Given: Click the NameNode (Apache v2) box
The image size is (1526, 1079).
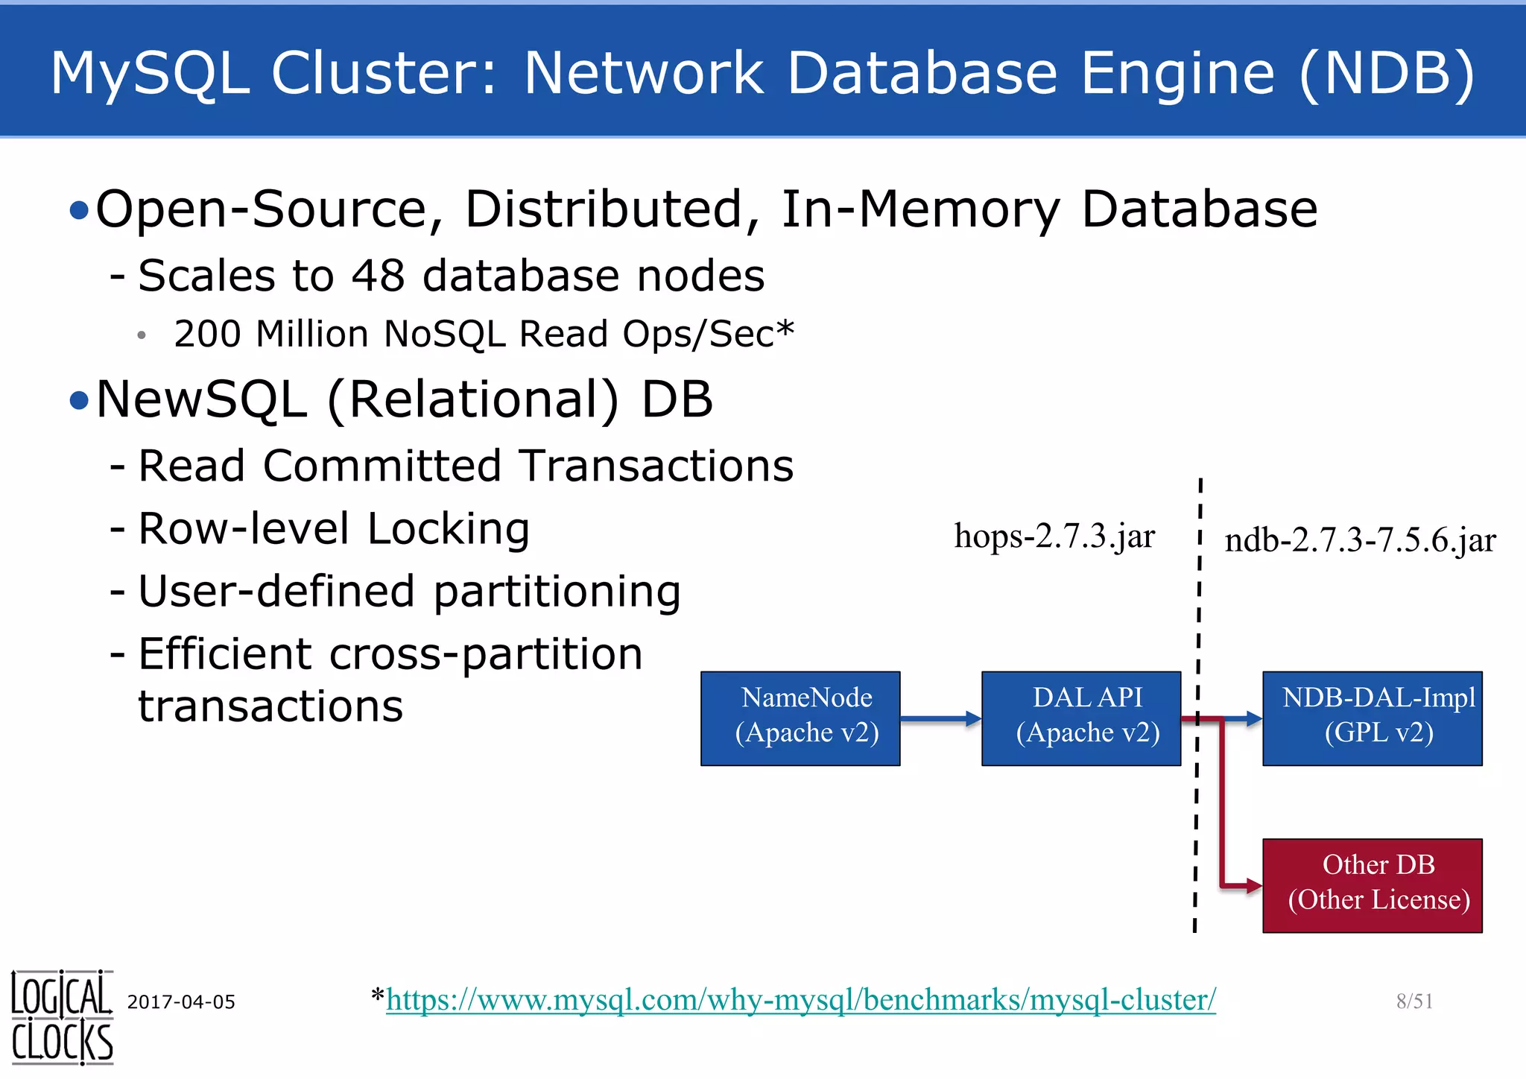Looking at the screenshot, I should (x=800, y=718).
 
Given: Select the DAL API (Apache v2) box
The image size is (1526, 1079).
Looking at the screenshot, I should (x=1081, y=718).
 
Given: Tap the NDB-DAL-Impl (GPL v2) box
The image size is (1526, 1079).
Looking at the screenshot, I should (x=1372, y=718).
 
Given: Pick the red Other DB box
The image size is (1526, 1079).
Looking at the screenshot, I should (x=1372, y=885).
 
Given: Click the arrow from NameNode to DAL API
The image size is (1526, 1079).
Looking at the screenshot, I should (x=940, y=718).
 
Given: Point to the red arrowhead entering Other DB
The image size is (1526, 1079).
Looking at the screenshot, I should (x=1254, y=886).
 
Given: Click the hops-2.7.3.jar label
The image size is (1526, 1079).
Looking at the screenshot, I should (x=1054, y=537).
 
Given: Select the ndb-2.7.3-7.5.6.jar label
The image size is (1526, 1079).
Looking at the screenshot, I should (x=1360, y=540).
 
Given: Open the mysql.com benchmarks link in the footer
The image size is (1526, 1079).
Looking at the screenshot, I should (x=801, y=999).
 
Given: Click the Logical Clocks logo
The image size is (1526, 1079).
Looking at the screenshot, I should (x=62, y=1017).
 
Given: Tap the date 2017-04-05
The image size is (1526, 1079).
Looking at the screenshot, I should (x=181, y=1002).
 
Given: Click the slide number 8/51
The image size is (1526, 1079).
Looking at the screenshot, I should (x=1414, y=1001).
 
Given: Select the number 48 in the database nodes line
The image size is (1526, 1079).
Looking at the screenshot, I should (x=378, y=276).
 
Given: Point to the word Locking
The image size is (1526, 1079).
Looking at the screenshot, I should (x=449, y=529).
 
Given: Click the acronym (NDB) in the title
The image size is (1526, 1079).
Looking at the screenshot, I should (x=1387, y=73).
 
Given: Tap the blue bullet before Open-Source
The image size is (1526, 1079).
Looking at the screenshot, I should (x=78, y=211).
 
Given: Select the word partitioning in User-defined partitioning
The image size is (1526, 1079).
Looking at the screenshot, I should (x=557, y=592).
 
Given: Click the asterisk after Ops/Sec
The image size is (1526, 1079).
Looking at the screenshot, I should (x=785, y=329).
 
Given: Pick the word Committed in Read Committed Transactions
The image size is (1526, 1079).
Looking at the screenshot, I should (x=381, y=466).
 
